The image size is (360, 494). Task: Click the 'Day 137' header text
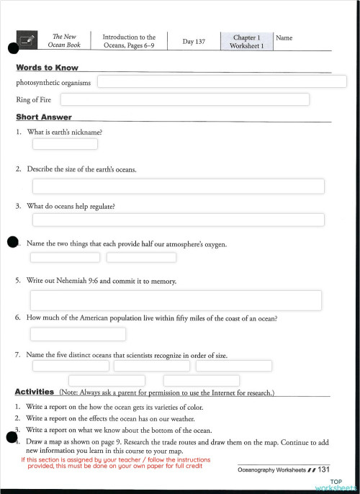194,42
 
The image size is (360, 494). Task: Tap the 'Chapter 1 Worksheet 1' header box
247,41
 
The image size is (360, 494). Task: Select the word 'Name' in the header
284,37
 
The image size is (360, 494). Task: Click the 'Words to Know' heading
47,68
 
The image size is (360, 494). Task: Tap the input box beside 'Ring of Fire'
184,99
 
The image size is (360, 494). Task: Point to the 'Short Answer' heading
43,117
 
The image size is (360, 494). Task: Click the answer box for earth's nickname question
65,144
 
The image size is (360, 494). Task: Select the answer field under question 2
178,187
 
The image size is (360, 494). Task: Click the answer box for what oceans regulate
178,220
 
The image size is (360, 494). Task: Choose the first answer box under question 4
65,257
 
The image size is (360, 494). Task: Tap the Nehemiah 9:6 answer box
175,300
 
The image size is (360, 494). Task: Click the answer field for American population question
78,334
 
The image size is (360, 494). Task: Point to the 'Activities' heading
34,392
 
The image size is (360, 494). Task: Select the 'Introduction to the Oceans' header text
129,41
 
